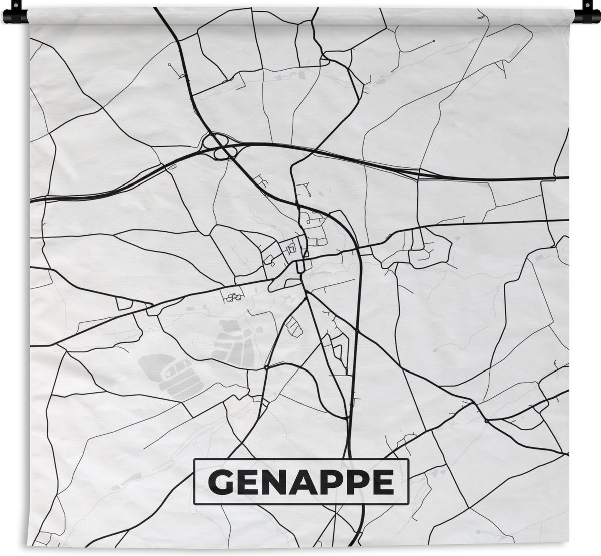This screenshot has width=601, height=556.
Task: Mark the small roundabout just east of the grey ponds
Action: (266, 367)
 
